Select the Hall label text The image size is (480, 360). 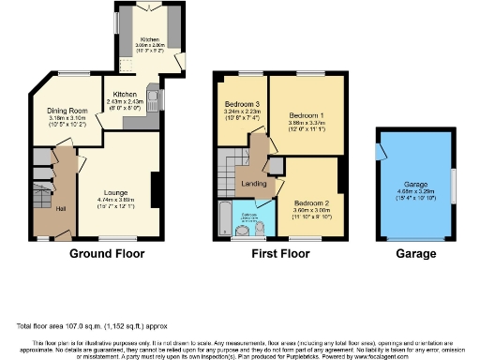tap(60, 207)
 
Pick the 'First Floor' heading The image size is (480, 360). tap(276, 254)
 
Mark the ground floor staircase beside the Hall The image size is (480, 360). tap(40, 198)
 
